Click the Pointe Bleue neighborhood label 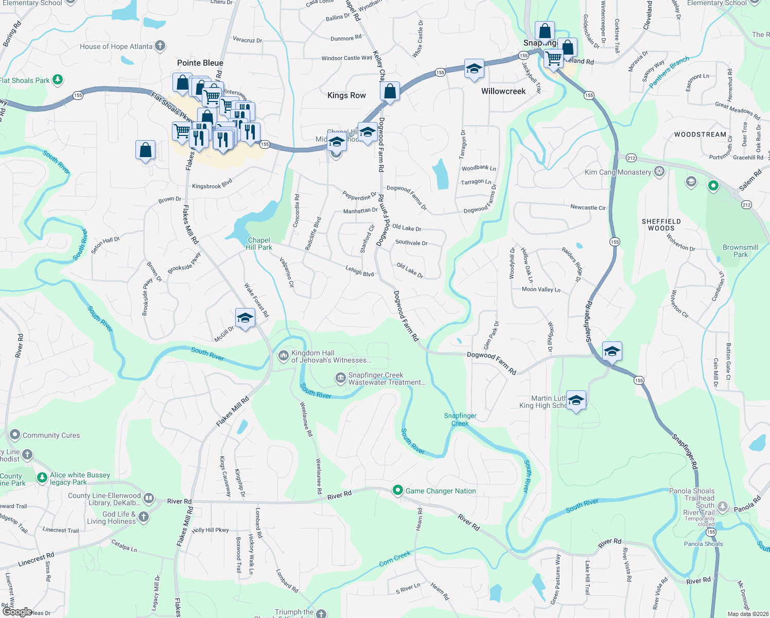(200, 63)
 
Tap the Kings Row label (346, 95)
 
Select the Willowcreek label (503, 91)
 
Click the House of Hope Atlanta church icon (160, 46)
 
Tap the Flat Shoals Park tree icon (58, 80)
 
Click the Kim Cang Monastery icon (659, 172)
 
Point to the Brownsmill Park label (740, 251)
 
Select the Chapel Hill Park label (259, 244)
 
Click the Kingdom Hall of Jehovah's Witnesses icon (283, 356)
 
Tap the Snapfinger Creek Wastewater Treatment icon (340, 379)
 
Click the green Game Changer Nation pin (397, 490)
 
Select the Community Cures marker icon (14, 435)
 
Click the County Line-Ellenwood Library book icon (148, 498)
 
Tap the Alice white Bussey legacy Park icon (42, 478)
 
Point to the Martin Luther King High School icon (576, 401)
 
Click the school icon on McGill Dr (245, 318)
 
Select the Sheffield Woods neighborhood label (661, 225)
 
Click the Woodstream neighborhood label (700, 134)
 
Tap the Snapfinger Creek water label (460, 419)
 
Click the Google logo (17, 612)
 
